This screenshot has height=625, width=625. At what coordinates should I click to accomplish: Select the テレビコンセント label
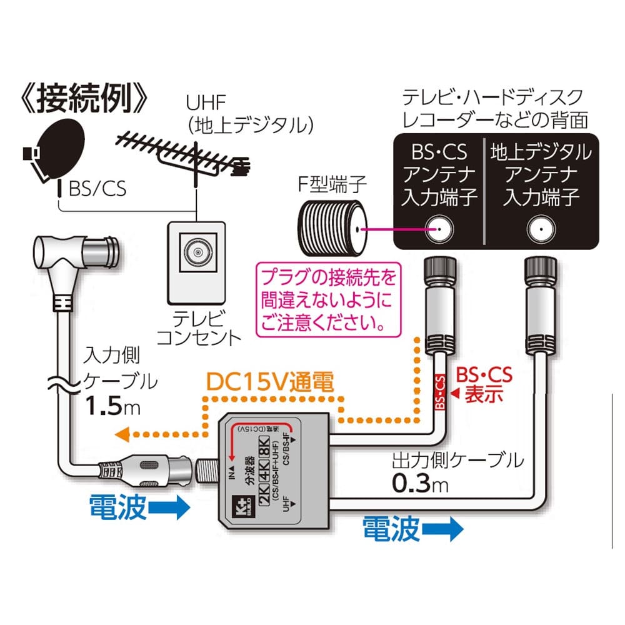[199, 329]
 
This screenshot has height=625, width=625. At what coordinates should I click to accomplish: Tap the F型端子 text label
[327, 186]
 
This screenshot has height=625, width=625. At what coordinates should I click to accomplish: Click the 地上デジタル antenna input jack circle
[540, 229]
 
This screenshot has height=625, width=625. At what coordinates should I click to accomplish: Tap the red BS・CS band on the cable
[439, 392]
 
